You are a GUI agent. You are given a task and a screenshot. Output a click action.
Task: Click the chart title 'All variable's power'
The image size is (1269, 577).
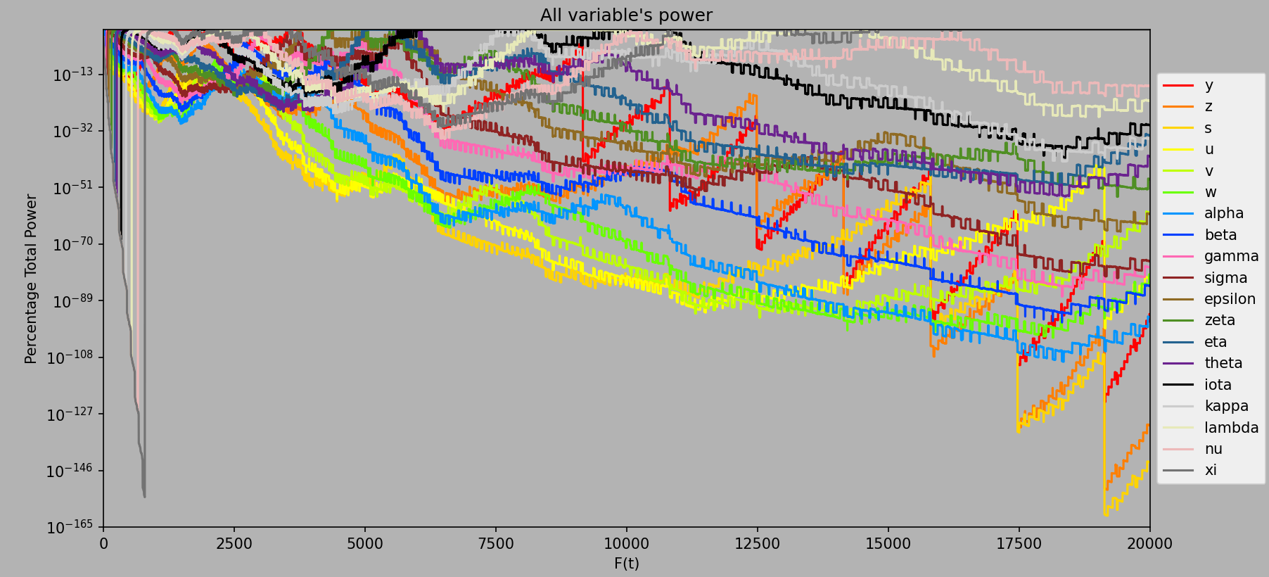click(626, 15)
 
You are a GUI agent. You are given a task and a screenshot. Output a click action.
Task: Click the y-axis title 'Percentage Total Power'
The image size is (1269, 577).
click(31, 279)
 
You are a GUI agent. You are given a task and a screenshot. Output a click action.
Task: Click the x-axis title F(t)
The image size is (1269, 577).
click(626, 564)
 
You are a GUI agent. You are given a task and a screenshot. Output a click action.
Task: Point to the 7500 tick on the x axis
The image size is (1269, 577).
click(495, 543)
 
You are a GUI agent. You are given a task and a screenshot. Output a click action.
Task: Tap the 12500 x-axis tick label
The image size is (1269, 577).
click(757, 543)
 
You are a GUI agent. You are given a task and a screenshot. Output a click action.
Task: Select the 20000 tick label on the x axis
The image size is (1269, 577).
click(1149, 543)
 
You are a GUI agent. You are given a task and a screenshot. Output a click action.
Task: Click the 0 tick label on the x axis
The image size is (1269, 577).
click(103, 543)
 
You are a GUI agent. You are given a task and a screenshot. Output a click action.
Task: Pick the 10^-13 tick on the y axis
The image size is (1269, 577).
click(72, 75)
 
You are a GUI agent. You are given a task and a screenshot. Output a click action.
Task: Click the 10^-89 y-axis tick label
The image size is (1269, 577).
click(72, 301)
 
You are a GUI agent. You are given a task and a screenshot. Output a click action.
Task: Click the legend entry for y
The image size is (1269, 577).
click(1209, 85)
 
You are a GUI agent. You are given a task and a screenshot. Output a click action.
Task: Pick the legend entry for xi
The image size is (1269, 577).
click(1210, 470)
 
